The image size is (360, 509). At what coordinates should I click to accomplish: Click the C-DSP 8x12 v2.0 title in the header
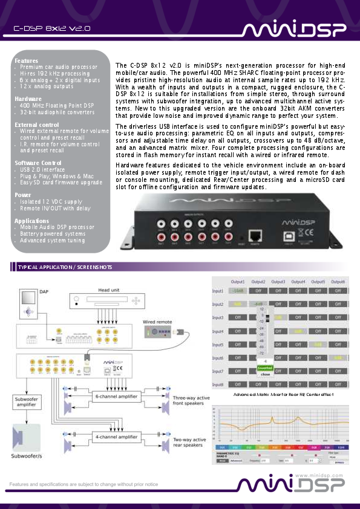tap(53, 28)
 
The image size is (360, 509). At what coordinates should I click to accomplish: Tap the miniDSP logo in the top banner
tap(294, 30)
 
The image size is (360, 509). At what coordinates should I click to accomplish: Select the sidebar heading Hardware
tap(28, 98)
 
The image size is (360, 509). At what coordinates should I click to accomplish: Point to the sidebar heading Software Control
tap(38, 163)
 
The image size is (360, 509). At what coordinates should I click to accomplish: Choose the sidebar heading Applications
tap(31, 221)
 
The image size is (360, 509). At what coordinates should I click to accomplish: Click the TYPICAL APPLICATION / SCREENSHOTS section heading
tap(64, 267)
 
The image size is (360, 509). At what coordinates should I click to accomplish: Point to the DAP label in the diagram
tap(44, 292)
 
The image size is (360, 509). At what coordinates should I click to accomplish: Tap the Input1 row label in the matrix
tap(218, 291)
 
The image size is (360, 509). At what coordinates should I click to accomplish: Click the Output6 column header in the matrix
tap(338, 282)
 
